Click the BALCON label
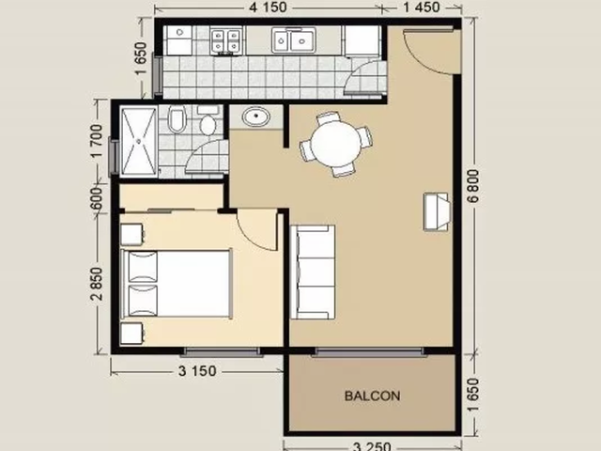point(372,396)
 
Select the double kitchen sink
point(294,39)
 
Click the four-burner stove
point(225,40)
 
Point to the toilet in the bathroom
point(177,118)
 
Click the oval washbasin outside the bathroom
point(256,116)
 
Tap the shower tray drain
point(139,142)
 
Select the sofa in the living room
point(313,272)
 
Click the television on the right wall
point(436,211)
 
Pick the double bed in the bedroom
point(177,284)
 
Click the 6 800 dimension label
point(473,186)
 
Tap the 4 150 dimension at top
point(268,8)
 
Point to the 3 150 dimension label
point(197,371)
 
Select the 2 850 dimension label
point(97,284)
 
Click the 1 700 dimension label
point(97,141)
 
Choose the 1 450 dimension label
point(421,8)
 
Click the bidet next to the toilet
point(208,122)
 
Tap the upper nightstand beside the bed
point(132,234)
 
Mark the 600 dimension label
point(97,198)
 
